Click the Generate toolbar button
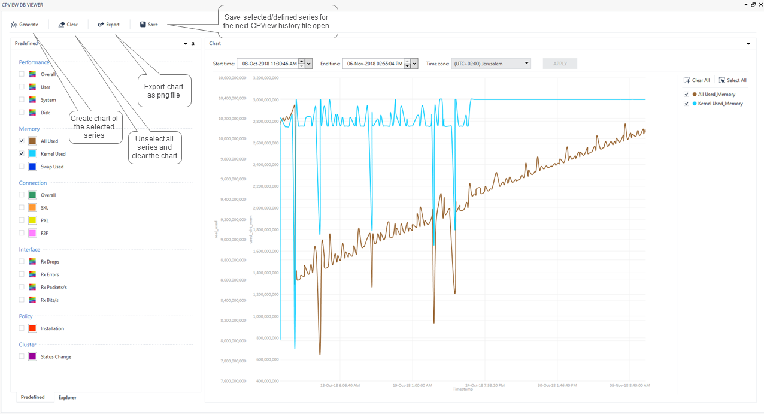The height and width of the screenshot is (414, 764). click(x=24, y=25)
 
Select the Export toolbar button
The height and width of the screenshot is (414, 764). click(x=109, y=25)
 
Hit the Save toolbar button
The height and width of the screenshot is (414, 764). click(x=149, y=25)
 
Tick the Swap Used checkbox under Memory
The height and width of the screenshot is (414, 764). click(x=22, y=167)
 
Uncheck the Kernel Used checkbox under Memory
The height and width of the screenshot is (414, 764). click(x=22, y=154)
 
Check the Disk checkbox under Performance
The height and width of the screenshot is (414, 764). click(x=22, y=113)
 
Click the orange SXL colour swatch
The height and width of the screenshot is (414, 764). click(x=32, y=208)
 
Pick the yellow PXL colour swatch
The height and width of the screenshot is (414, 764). click(x=32, y=220)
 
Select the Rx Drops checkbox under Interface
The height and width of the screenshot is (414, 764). click(x=22, y=262)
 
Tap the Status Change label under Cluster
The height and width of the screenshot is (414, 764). click(x=56, y=357)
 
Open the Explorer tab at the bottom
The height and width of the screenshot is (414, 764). click(x=67, y=397)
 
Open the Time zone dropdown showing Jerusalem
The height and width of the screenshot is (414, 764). click(x=491, y=64)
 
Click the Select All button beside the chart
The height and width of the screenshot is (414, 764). click(x=733, y=80)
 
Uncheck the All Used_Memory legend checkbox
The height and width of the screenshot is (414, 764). click(x=686, y=95)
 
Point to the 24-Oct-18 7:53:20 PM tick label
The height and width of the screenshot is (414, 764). click(x=485, y=385)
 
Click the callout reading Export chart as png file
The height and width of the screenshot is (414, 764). click(x=164, y=91)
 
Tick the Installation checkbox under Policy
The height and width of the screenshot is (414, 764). click(x=22, y=328)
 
